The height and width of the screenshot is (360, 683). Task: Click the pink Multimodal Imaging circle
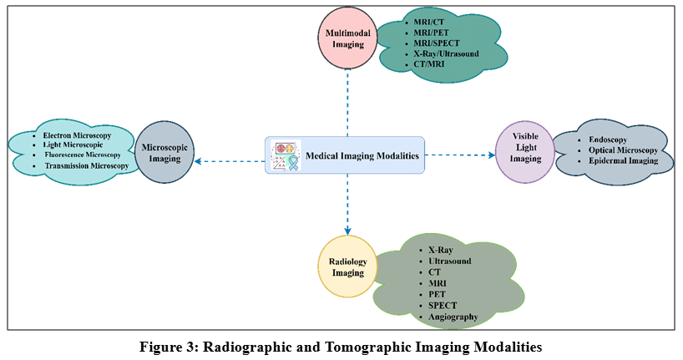[347, 38]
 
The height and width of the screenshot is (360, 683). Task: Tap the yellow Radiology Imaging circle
[347, 266]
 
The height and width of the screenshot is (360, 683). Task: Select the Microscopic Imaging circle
[164, 153]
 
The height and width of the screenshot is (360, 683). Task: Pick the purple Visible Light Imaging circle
[525, 152]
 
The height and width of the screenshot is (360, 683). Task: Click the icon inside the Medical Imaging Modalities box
[286, 155]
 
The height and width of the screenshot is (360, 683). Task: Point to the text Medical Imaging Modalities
[362, 155]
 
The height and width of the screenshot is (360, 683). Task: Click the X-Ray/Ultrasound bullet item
[446, 53]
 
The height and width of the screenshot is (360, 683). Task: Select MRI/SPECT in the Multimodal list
[437, 43]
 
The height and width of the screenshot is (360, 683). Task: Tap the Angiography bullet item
[453, 317]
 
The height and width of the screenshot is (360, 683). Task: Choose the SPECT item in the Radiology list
[443, 306]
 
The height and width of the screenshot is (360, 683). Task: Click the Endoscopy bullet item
[608, 139]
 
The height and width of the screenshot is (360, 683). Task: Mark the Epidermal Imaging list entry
[624, 160]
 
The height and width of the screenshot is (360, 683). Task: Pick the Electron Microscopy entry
[77, 135]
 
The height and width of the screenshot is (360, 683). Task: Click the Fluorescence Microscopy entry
[83, 155]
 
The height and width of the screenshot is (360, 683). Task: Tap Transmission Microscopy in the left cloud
[87, 165]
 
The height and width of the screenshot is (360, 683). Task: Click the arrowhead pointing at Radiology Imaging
[347, 231]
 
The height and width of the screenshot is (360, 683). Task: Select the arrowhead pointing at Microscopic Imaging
[198, 161]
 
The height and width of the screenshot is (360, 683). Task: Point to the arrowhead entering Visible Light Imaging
[492, 155]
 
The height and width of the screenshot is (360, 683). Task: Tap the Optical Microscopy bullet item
[624, 150]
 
